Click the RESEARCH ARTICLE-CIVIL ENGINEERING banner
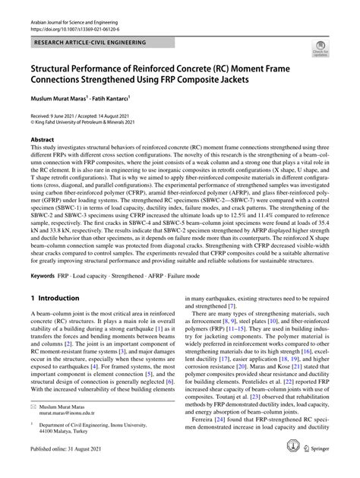tap(84, 34)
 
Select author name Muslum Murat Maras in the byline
tap(59, 98)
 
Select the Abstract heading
tap(42, 141)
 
